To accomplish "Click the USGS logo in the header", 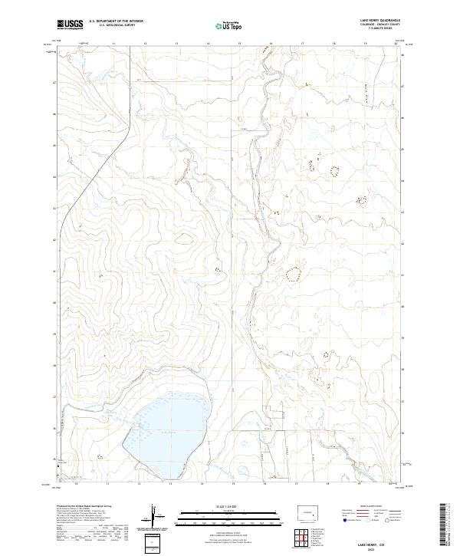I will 70,25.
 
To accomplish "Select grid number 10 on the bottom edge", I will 76,484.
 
